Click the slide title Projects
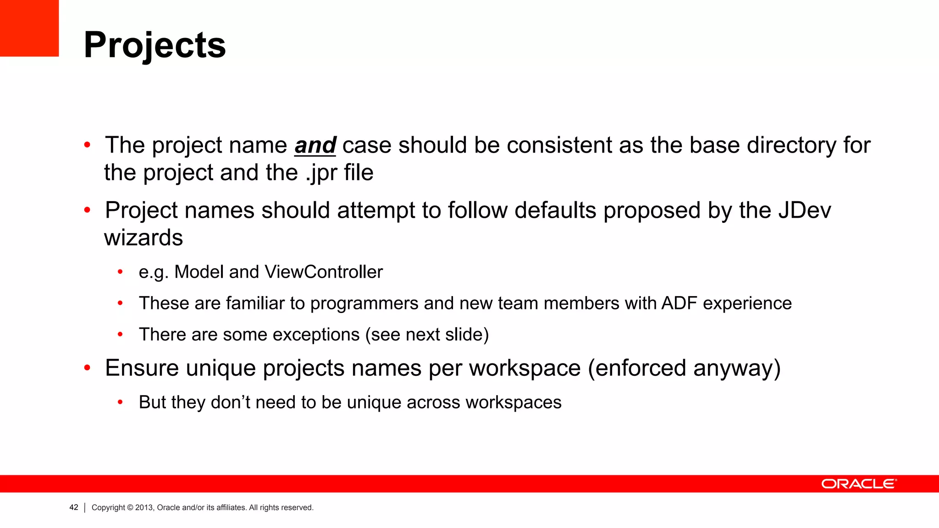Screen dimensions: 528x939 (x=155, y=45)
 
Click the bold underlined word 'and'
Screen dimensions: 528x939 (x=315, y=146)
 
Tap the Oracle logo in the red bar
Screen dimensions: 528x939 (x=859, y=484)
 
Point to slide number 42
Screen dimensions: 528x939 (x=74, y=507)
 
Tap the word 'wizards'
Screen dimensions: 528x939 (x=144, y=238)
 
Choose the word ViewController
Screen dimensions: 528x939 (x=324, y=272)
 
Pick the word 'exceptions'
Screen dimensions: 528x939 (x=316, y=335)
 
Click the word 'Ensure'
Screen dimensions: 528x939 (x=142, y=368)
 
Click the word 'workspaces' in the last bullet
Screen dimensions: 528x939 (x=514, y=402)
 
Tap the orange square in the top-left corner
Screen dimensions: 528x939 (x=29, y=28)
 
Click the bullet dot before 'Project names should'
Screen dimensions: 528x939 (x=88, y=211)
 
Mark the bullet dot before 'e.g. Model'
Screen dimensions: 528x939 (x=120, y=272)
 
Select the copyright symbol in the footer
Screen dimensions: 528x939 (x=130, y=507)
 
